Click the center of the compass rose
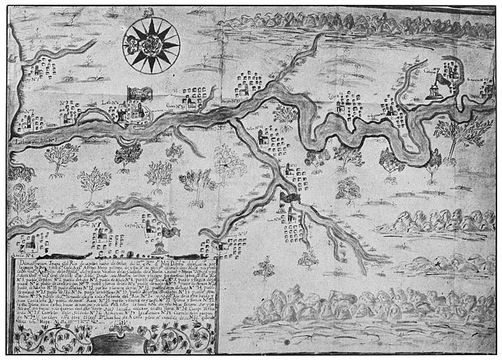pyautogui.click(x=151, y=43)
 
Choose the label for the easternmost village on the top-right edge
pyautogui.click(x=482, y=82)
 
